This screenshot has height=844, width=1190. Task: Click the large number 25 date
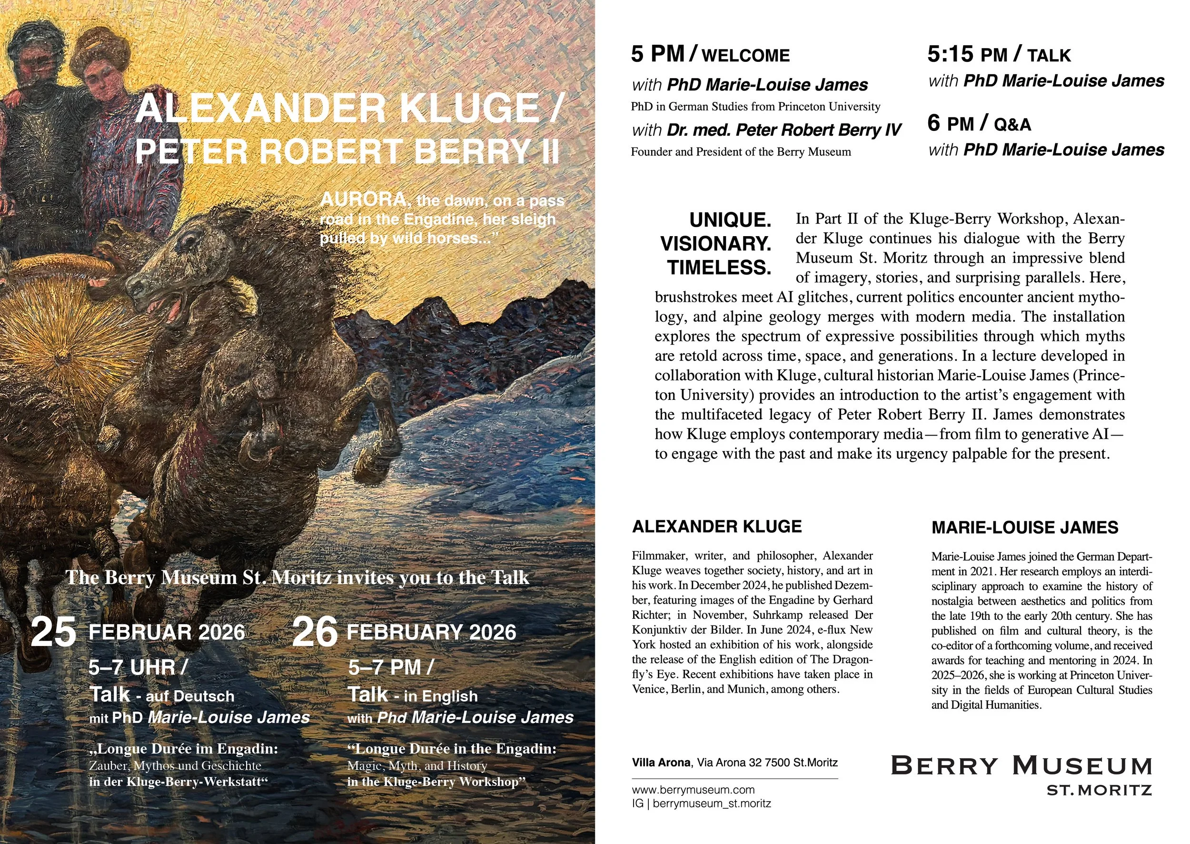coord(53,633)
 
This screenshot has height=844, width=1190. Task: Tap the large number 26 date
coord(315,633)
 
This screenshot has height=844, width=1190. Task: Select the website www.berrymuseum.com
coord(693,789)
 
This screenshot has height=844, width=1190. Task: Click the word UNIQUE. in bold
coord(730,220)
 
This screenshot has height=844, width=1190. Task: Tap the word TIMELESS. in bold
coord(719,268)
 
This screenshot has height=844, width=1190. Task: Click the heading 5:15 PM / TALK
coord(999,55)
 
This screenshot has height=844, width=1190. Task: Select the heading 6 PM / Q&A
coord(979,124)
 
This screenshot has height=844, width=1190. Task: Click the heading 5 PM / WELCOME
coord(710,55)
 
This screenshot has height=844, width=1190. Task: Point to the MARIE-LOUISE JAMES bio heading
coord(1025,527)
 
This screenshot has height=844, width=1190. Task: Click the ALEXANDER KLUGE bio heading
coord(716,526)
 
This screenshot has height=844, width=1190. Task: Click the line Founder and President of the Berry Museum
coord(741,152)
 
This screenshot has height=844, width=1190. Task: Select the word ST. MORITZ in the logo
coord(1099,791)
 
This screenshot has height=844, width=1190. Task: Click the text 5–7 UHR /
coord(138,667)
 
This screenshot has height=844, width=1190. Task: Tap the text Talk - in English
coord(412,695)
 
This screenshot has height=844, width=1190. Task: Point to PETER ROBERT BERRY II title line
coord(347,151)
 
